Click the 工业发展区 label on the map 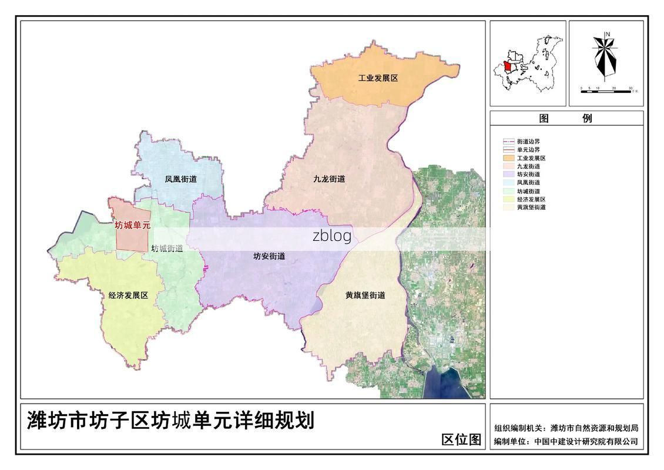[x=378, y=78]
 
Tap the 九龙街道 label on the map [x=329, y=179]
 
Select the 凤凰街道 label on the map [x=180, y=179]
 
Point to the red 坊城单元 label [x=132, y=225]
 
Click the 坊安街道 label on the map [x=269, y=256]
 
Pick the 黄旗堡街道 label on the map [x=365, y=296]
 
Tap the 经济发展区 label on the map [x=128, y=296]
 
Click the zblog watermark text [x=332, y=236]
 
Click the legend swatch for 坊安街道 [x=508, y=174]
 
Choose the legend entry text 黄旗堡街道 [x=531, y=207]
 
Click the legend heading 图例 [x=566, y=118]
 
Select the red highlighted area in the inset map [x=508, y=66]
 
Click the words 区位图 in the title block [x=461, y=439]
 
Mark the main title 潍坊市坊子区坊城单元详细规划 [x=170, y=421]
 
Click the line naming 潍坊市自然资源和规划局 [x=566, y=428]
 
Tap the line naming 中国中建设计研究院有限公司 [x=566, y=442]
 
